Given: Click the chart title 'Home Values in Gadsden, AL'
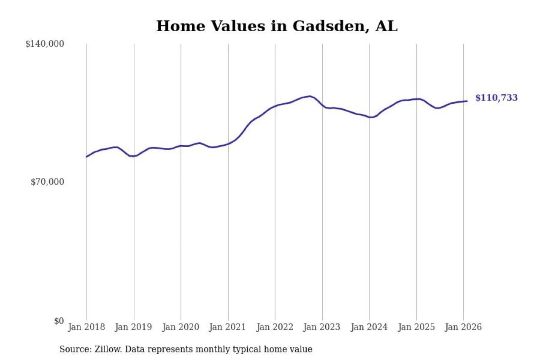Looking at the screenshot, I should point(277,26).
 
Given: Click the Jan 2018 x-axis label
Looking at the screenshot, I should point(86,327).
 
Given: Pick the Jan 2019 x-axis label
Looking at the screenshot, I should point(134,327).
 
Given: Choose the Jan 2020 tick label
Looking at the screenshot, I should point(181,327).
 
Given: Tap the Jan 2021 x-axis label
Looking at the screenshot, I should point(228,327).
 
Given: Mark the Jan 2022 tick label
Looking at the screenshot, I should point(275,327).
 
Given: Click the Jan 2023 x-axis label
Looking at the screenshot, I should point(322,327).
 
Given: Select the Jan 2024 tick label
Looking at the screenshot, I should point(369,327).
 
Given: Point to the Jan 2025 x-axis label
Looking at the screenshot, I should point(416,327).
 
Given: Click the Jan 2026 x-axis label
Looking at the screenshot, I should point(463,327).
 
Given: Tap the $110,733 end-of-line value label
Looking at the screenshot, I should point(496,98).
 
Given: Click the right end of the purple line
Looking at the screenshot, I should point(467,101).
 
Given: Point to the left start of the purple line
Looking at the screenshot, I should point(86,157).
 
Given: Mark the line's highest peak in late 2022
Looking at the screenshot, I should point(310,96).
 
